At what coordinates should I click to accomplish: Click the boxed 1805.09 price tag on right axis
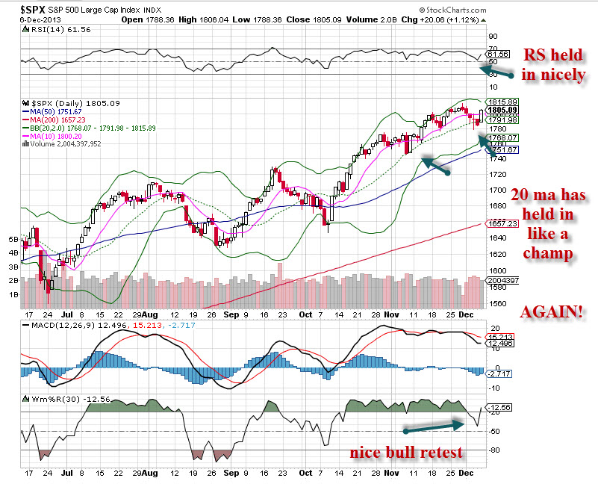[501, 109]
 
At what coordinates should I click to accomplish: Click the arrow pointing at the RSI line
[496, 72]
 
